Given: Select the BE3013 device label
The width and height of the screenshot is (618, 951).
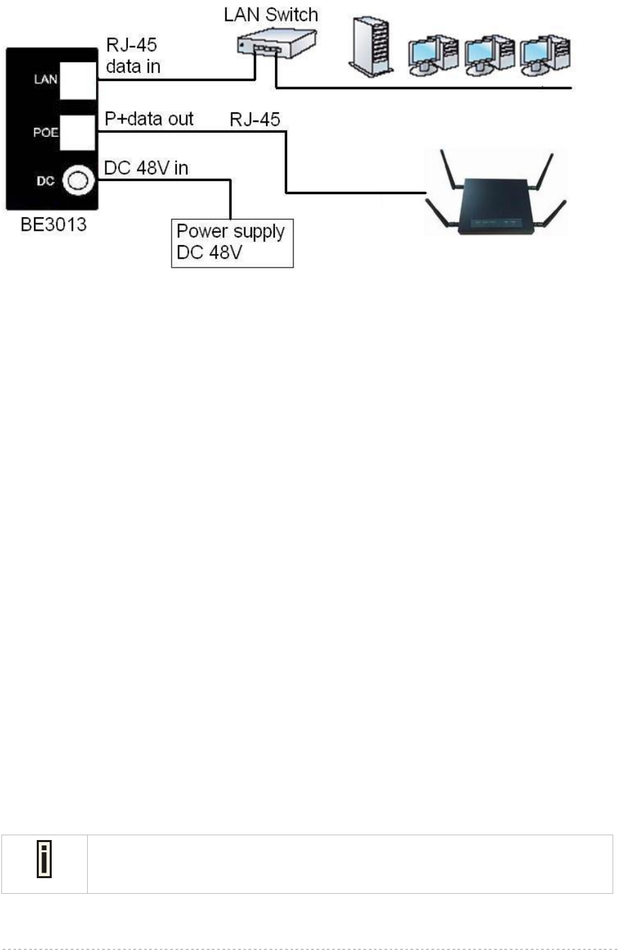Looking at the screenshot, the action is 53,225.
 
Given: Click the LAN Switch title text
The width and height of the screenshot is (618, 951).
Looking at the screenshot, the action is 271,15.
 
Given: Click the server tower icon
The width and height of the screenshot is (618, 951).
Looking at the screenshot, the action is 371,45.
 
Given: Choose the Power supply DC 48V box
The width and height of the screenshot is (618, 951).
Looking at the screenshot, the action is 231,242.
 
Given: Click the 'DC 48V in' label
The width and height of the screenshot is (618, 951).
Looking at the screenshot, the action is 146,168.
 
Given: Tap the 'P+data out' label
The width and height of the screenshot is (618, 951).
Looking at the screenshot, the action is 149,119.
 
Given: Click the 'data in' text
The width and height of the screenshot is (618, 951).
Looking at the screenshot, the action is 133,67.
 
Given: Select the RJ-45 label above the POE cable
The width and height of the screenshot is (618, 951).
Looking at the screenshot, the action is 255,120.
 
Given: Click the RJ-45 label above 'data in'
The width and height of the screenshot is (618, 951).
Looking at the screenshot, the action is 131,46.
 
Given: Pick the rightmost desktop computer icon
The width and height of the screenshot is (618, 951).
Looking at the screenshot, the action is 544,54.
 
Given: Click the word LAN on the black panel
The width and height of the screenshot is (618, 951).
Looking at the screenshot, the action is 46,80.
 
